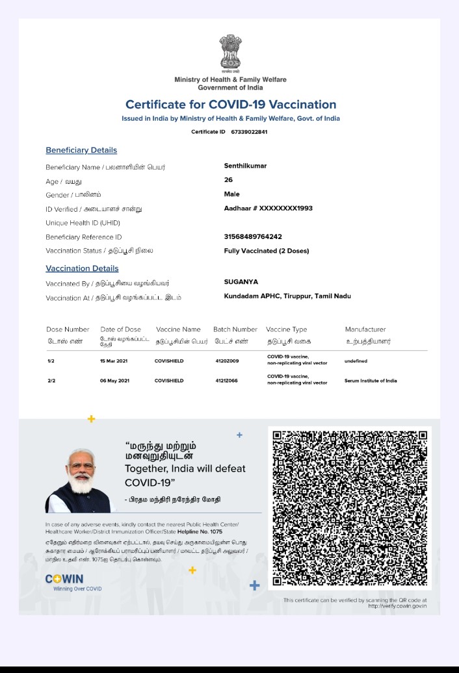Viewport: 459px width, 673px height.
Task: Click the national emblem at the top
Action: [x=230, y=53]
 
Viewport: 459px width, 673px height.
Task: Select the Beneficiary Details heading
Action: [x=81, y=150]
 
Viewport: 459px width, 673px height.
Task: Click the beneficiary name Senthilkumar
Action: [x=245, y=166]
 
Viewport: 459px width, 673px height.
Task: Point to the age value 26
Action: [x=228, y=180]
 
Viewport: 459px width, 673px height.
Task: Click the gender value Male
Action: [x=231, y=194]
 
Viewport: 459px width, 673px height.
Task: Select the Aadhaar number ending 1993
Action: [x=269, y=209]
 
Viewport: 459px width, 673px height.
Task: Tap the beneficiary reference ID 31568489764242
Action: [x=253, y=236]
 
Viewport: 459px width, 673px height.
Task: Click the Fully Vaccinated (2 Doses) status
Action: [x=267, y=251]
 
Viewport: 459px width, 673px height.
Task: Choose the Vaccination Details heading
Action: [x=82, y=268]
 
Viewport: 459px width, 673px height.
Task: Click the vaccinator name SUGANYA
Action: [x=241, y=282]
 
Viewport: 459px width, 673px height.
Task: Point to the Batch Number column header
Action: [x=235, y=329]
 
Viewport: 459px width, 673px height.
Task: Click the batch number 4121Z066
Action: [x=227, y=381]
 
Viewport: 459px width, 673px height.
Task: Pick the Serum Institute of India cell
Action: [x=371, y=381]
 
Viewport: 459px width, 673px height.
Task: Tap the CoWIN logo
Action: [x=64, y=579]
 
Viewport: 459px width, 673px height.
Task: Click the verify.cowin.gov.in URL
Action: [x=397, y=606]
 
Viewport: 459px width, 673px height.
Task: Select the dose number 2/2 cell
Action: [x=51, y=381]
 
